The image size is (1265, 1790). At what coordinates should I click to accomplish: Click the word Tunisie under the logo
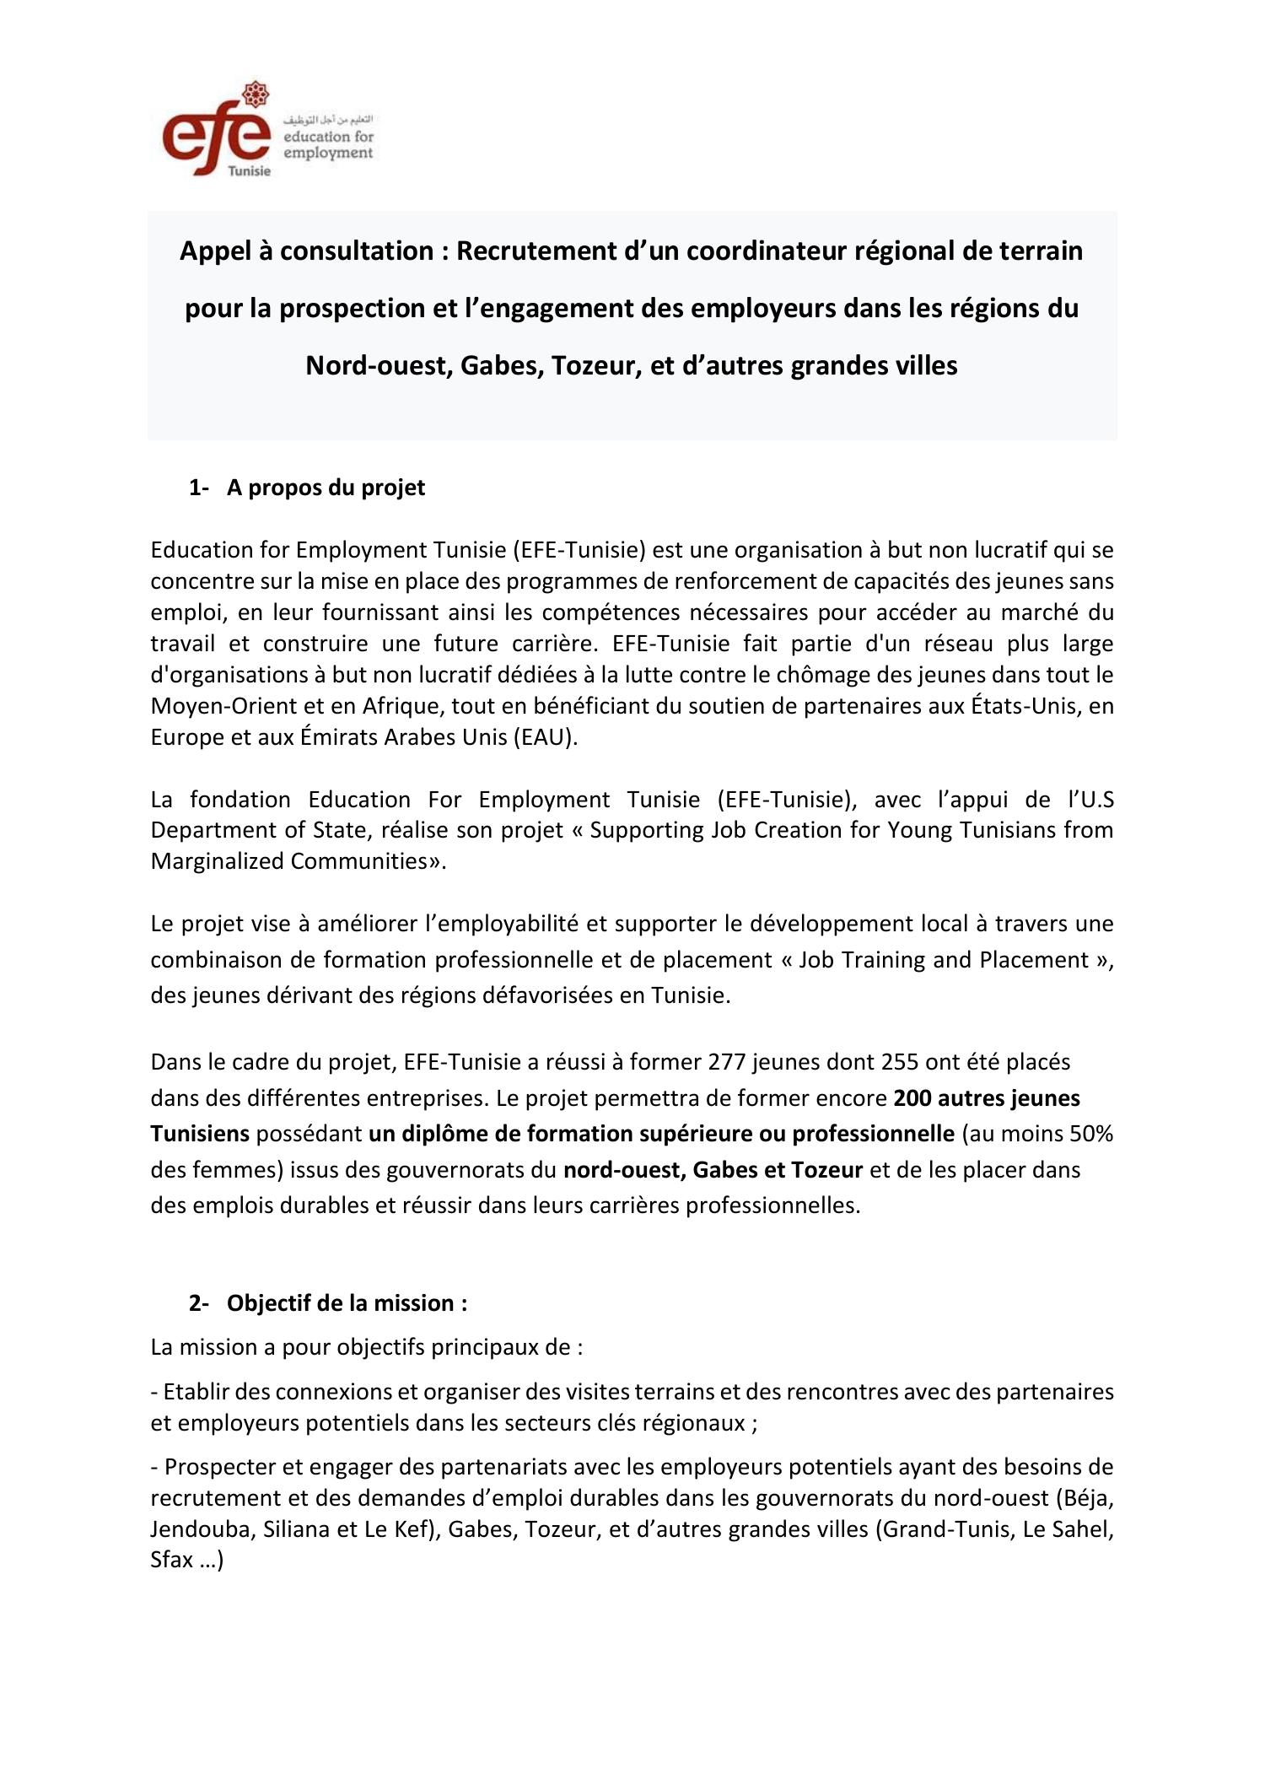pos(250,171)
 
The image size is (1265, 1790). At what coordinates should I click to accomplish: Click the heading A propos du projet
pos(326,488)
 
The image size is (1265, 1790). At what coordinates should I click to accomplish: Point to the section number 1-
pos(199,488)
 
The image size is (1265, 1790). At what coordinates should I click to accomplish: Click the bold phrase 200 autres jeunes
pos(986,1098)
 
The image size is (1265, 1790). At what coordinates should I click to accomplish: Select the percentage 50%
pos(1091,1134)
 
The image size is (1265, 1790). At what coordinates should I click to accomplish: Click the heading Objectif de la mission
pos(346,1303)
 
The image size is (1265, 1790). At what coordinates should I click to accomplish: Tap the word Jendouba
pos(201,1529)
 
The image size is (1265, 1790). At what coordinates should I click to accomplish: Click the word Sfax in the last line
pos(171,1561)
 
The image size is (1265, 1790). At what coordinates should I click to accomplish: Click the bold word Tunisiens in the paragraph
pos(200,1134)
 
